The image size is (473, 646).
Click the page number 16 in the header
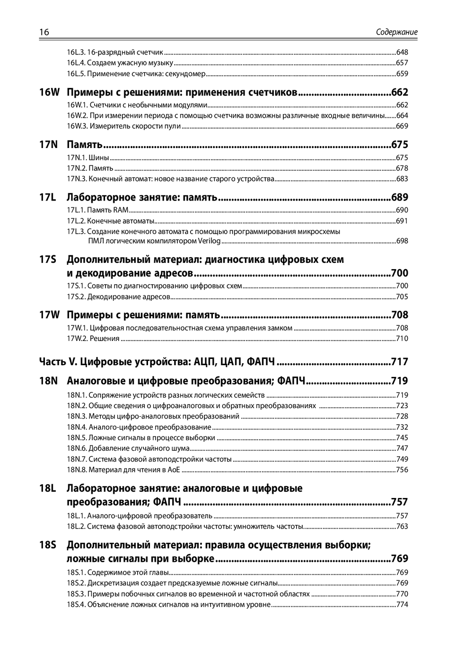click(44, 32)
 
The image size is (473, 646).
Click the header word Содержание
click(396, 32)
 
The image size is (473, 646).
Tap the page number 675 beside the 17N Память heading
click(400, 145)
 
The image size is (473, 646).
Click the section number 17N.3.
click(77, 179)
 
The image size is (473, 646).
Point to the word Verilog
click(209, 241)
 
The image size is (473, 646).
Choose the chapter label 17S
click(48, 259)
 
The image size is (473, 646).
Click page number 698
click(402, 241)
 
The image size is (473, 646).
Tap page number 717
click(400, 362)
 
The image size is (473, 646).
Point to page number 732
click(402, 427)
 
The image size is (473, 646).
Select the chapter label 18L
click(48, 488)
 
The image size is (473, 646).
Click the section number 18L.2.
click(77, 526)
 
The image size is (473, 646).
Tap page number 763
click(402, 526)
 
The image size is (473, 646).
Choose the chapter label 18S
click(48, 545)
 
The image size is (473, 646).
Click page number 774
click(402, 604)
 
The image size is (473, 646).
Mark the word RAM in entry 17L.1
click(121, 210)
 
